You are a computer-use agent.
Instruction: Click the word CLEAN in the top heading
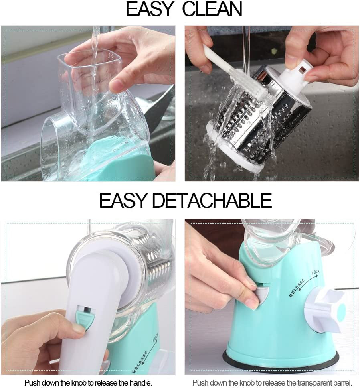[x=212, y=9]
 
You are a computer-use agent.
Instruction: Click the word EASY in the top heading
[x=150, y=9]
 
